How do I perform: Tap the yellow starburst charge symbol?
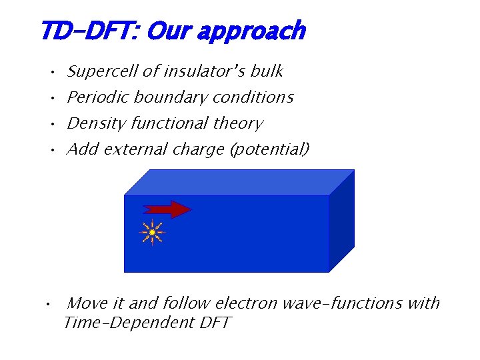(152, 232)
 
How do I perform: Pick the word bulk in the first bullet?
(267, 71)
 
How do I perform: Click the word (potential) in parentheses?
(269, 149)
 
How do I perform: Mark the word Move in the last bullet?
(87, 303)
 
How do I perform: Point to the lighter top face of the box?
(240, 182)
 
